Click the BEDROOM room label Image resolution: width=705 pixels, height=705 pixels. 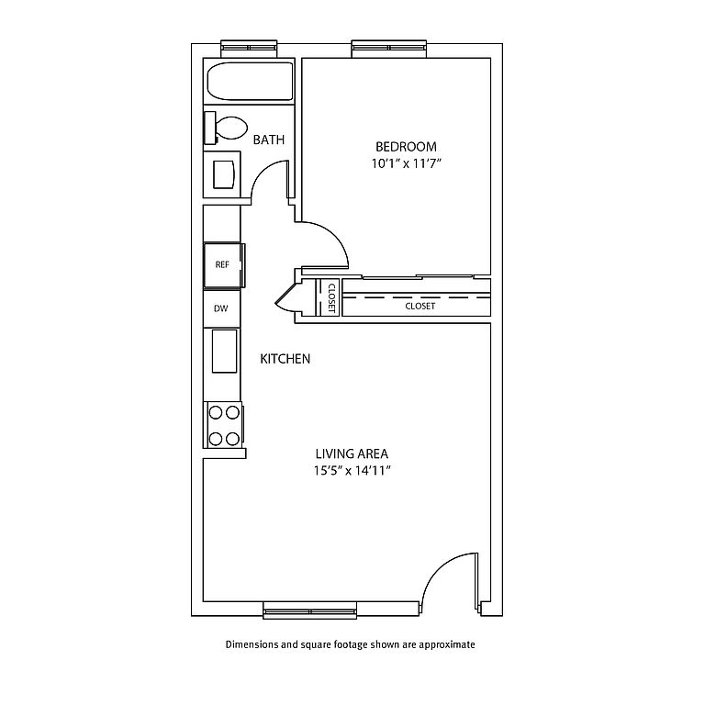click(x=406, y=147)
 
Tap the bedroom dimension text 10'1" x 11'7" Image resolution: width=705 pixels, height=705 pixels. click(x=406, y=163)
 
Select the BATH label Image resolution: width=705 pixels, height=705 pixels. click(x=269, y=140)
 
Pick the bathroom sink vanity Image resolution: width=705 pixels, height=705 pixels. click(x=223, y=173)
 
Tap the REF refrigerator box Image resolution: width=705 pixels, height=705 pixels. click(x=223, y=264)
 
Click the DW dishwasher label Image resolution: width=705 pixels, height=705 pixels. click(x=221, y=308)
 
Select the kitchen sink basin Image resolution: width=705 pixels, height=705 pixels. click(x=225, y=351)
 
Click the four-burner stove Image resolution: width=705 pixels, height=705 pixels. click(x=223, y=424)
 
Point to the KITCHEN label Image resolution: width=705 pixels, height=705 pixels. click(x=285, y=359)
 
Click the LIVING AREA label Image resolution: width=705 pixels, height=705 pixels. click(x=352, y=453)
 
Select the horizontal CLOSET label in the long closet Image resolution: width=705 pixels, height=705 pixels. click(x=420, y=306)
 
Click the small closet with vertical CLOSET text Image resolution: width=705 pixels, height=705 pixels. click(x=330, y=297)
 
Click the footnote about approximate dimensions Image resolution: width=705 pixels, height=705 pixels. click(x=351, y=644)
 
